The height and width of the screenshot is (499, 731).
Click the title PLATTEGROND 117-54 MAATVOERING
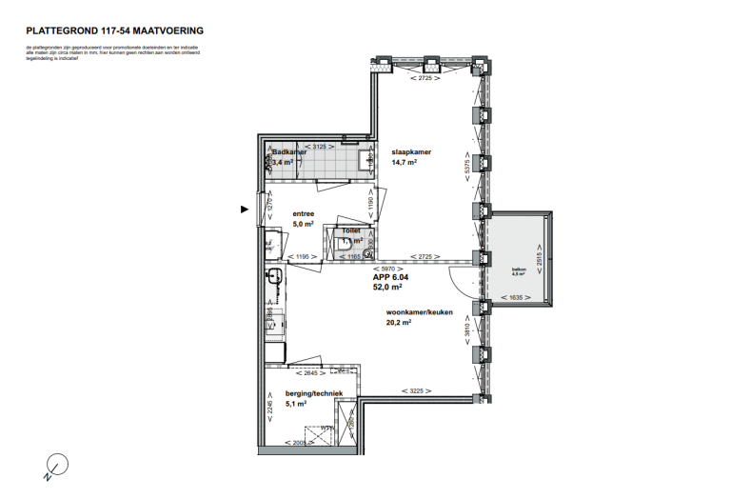115,31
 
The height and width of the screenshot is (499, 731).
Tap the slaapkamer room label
411,151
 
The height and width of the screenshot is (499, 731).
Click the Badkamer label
288,151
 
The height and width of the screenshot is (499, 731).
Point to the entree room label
303,215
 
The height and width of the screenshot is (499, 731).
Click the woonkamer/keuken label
418,312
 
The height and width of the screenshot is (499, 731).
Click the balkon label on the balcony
518,269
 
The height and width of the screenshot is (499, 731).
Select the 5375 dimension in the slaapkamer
466,164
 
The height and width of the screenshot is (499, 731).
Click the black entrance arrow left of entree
245,210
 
